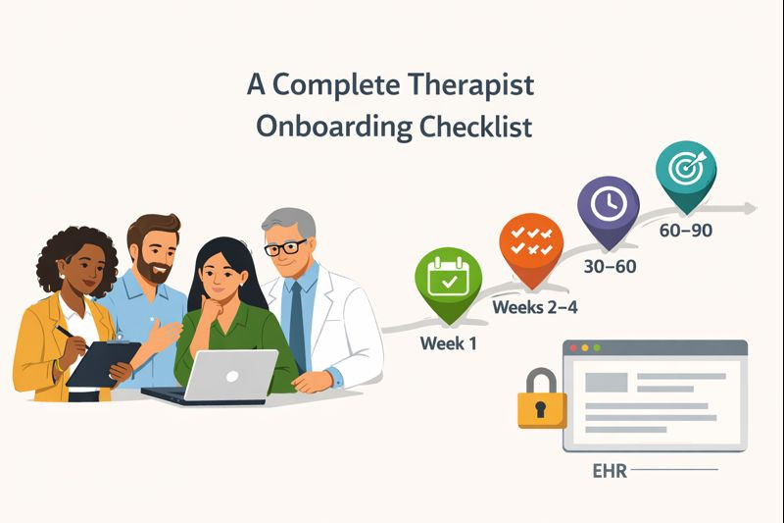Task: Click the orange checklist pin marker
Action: (531, 244)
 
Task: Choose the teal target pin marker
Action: (685, 170)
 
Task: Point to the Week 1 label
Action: (448, 344)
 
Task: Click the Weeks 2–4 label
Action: (535, 307)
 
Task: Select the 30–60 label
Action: (608, 266)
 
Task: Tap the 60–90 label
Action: (684, 232)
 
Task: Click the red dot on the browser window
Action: (573, 348)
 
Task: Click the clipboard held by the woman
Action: (100, 362)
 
